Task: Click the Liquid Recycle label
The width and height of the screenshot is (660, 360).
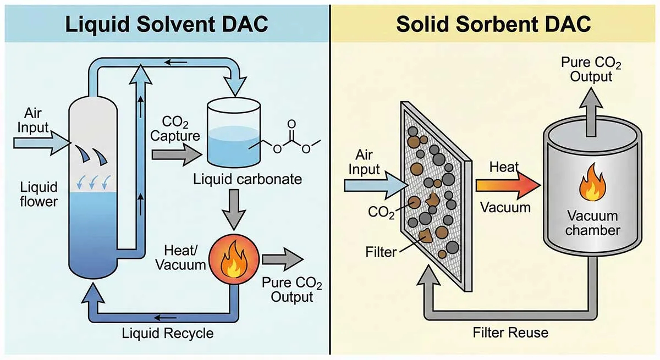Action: click(x=167, y=333)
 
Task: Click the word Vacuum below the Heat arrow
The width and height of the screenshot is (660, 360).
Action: click(x=505, y=207)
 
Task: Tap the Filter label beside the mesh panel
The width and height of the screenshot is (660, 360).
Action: click(x=381, y=253)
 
